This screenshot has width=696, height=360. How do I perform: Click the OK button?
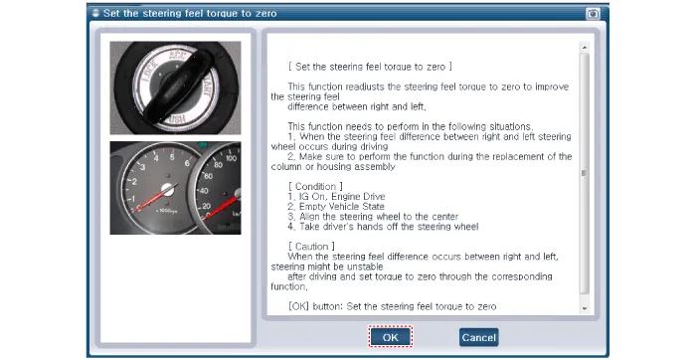[390, 337]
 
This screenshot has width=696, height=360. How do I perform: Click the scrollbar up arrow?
[585, 48]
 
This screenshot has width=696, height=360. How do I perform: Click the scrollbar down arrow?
[585, 308]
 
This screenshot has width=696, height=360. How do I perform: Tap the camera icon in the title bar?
[593, 14]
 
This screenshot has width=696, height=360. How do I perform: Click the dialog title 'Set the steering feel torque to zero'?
[190, 13]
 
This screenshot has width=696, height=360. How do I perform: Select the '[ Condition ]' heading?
[315, 186]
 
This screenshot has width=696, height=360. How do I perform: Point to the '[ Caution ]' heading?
[311, 247]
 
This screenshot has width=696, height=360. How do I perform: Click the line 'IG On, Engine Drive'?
[336, 196]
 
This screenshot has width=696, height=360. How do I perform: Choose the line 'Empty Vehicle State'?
[336, 207]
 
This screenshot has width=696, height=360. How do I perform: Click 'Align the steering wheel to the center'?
[373, 217]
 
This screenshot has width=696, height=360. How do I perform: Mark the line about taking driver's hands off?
[383, 227]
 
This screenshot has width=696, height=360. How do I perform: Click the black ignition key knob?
[178, 88]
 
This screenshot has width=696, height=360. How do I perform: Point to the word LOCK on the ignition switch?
[149, 72]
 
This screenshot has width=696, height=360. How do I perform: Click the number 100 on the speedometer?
[231, 158]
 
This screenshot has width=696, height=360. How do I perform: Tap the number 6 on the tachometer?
[187, 163]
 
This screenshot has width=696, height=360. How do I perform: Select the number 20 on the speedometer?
[207, 206]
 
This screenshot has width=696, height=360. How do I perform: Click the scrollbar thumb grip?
[585, 173]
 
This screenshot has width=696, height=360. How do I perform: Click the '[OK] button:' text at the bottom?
[315, 306]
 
